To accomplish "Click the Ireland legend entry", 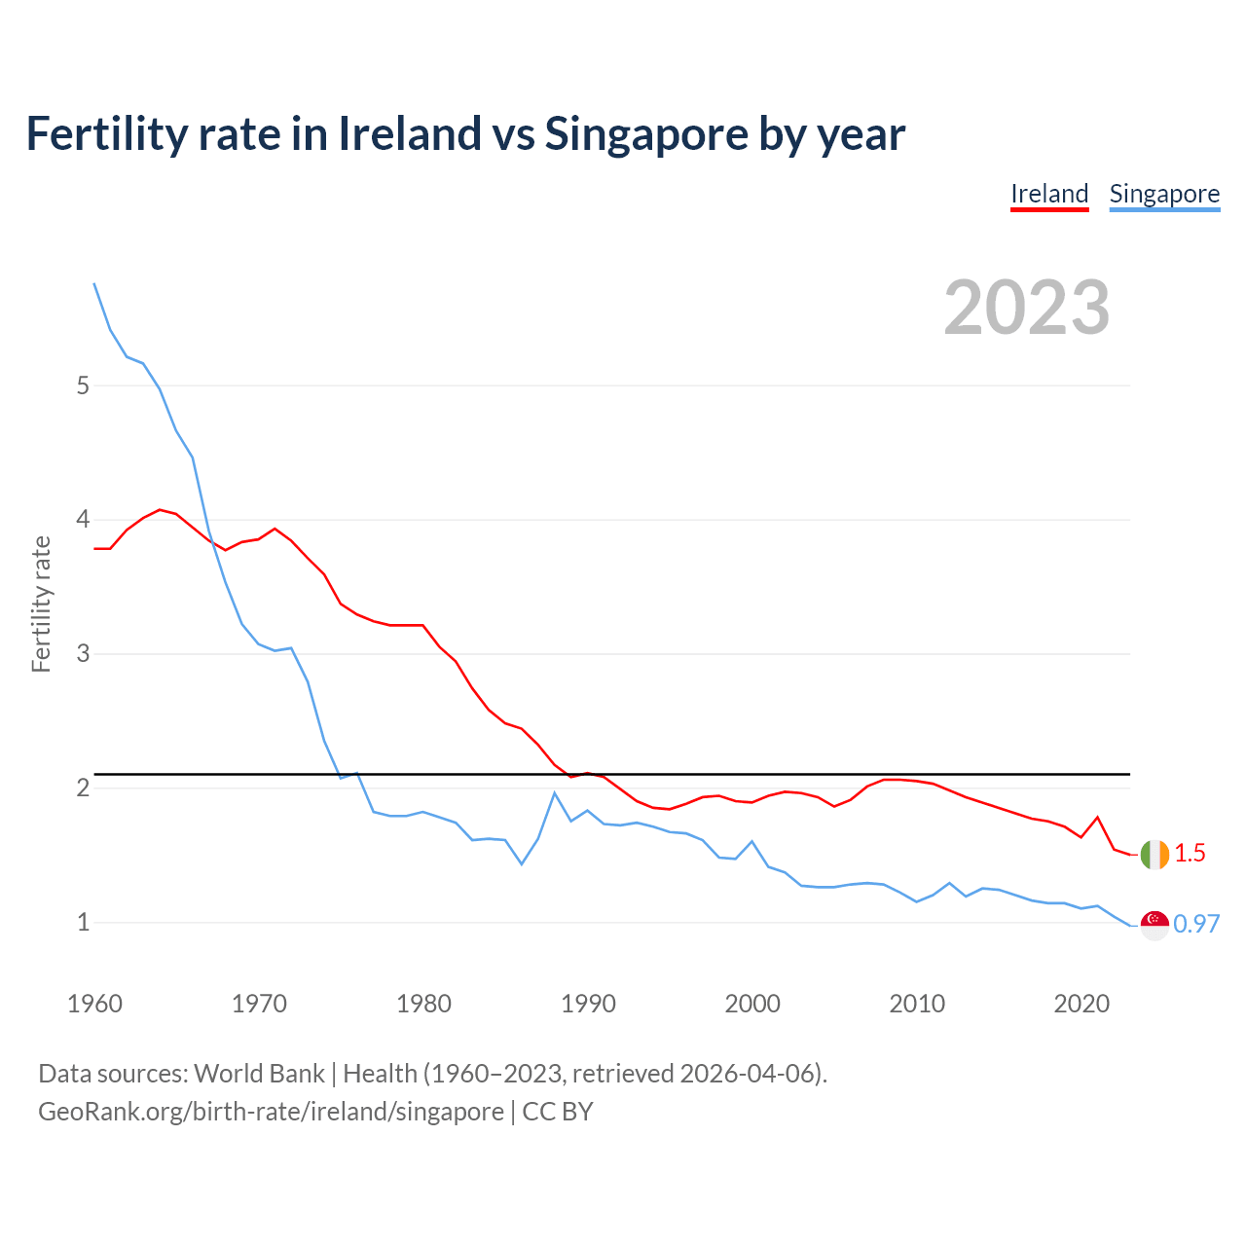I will [x=1049, y=194].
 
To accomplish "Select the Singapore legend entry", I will [x=1164, y=194].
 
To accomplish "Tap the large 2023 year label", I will [x=1026, y=308].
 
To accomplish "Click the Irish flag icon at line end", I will [x=1154, y=854].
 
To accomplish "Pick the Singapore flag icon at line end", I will [x=1154, y=925].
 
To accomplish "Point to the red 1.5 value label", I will [x=1190, y=854].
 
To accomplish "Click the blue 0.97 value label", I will [x=1196, y=925].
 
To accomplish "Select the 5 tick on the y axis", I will [x=83, y=385].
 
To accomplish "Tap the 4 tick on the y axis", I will [x=83, y=520].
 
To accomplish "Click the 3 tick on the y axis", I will [x=83, y=654].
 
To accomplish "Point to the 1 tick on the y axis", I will [x=83, y=922].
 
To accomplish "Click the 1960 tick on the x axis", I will [x=94, y=1004].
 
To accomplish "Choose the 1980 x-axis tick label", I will [x=423, y=1004].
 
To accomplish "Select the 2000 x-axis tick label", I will [x=752, y=1004].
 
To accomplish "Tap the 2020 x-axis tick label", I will [x=1081, y=1004].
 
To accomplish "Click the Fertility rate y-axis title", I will [x=41, y=604].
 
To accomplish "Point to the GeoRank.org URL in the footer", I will [x=271, y=1112].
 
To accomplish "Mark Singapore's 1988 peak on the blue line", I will [x=555, y=793].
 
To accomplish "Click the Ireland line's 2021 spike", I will [x=1098, y=818].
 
